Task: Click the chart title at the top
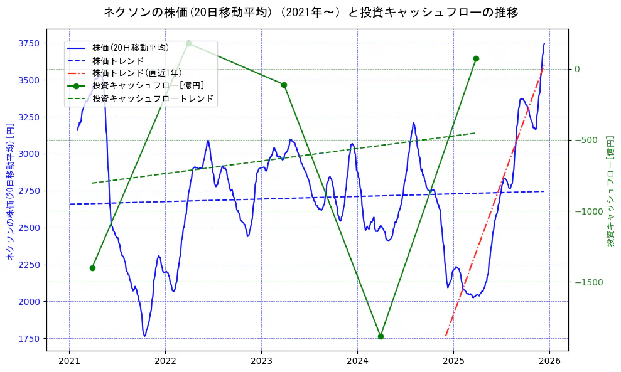pos(311,12)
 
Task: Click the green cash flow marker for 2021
pos(92,268)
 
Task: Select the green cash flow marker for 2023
pos(284,85)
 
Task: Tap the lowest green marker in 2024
pos(381,336)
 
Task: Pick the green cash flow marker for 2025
pos(476,58)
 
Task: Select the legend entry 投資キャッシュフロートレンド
pos(153,98)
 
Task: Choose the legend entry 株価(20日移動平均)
pos(130,48)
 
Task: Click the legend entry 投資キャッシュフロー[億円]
pos(148,85)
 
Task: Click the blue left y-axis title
pos(9,191)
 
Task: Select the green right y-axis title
pos(610,191)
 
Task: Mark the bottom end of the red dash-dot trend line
pos(446,336)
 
